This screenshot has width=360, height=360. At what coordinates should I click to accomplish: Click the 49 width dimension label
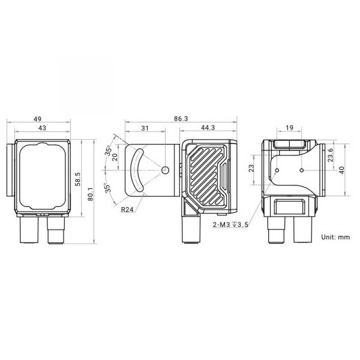[37, 119]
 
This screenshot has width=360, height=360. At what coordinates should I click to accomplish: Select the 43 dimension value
[42, 128]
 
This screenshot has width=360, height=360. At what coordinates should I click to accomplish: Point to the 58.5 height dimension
[78, 179]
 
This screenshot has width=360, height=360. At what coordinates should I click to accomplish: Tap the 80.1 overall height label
[91, 194]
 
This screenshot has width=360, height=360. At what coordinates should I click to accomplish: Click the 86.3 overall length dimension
[181, 119]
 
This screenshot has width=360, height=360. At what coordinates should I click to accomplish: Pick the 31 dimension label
[145, 128]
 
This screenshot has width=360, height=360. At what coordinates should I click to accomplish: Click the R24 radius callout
[127, 209]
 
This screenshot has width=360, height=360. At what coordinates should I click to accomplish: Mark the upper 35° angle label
[109, 151]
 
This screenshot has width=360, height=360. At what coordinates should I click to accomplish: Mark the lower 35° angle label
[107, 188]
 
